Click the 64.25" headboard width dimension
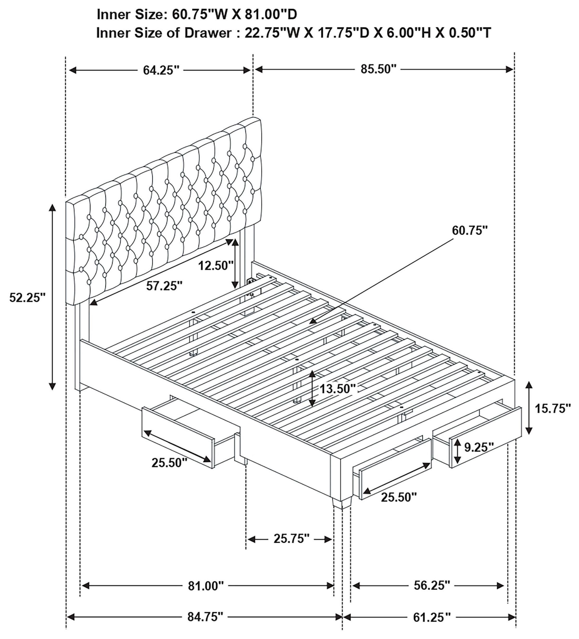tap(161, 70)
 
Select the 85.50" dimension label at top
tap(378, 69)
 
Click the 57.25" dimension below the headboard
tap(164, 286)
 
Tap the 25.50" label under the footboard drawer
tap(399, 497)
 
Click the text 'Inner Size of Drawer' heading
tap(164, 33)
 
